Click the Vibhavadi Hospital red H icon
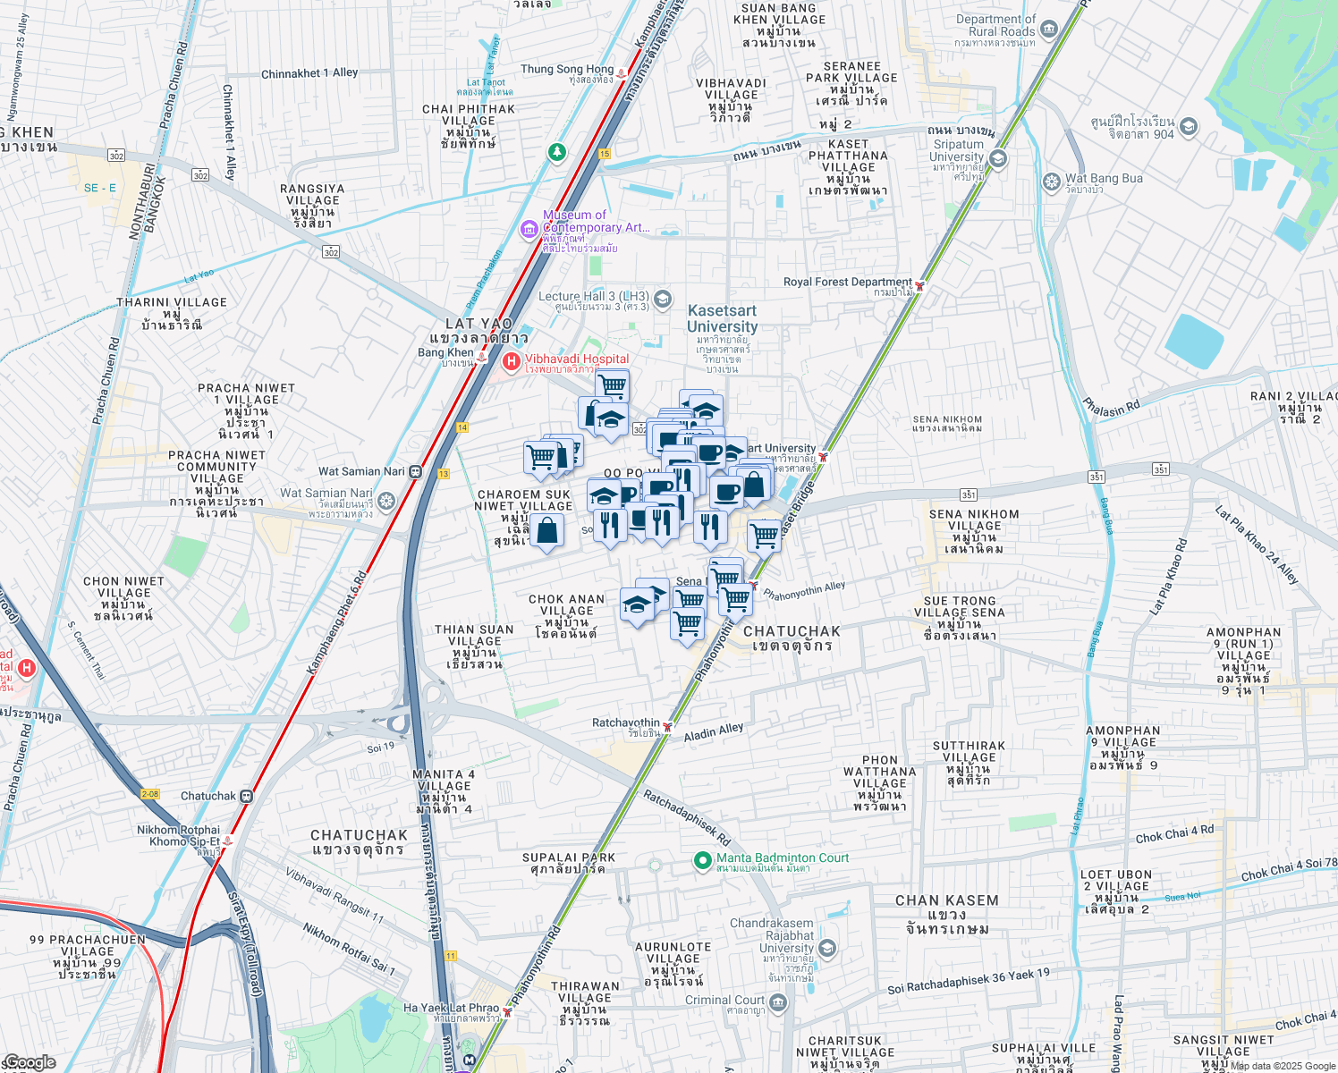pyautogui.click(x=512, y=362)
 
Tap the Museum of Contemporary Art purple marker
pyautogui.click(x=529, y=231)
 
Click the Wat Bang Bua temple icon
pyautogui.click(x=1052, y=182)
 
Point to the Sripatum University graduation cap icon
pyautogui.click(x=998, y=159)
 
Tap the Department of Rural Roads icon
pyautogui.click(x=1049, y=30)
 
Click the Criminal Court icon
pyautogui.click(x=778, y=1003)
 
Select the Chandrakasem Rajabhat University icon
pyautogui.click(x=827, y=949)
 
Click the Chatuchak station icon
pyautogui.click(x=247, y=796)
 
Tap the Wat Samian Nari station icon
pyautogui.click(x=416, y=471)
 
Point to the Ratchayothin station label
pyautogui.click(x=626, y=722)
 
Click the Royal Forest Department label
pyautogui.click(x=847, y=282)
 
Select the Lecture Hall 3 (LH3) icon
pyautogui.click(x=663, y=299)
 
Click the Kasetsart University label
pyautogui.click(x=722, y=318)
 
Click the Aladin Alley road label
pyautogui.click(x=714, y=733)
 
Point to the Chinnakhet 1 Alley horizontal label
pyautogui.click(x=309, y=73)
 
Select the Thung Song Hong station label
pyautogui.click(x=567, y=69)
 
